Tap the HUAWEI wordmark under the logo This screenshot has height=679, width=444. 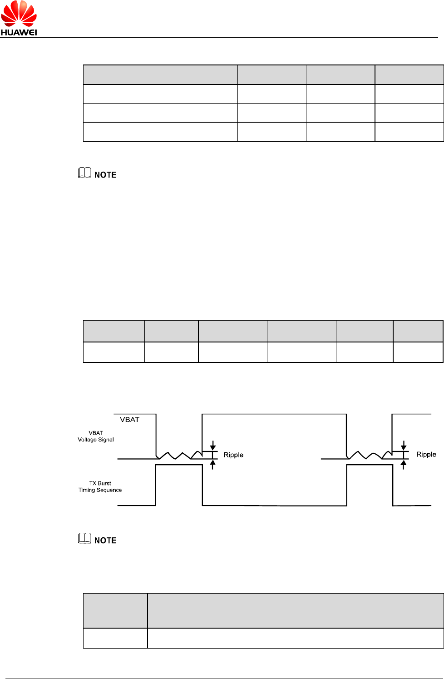[19, 32]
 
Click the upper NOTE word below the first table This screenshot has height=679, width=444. [105, 175]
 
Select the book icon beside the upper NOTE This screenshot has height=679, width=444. [84, 173]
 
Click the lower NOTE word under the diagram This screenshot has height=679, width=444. [105, 540]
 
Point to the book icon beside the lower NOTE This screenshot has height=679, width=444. [84, 538]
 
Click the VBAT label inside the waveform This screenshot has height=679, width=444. [129, 420]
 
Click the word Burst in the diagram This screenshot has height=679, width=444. [104, 483]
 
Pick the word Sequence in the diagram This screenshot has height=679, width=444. [109, 490]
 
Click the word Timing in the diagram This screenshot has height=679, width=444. [87, 490]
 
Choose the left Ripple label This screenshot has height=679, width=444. [233, 455]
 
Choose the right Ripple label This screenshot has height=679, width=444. [426, 455]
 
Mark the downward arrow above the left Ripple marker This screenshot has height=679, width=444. [212, 446]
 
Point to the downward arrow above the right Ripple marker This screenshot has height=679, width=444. [403, 446]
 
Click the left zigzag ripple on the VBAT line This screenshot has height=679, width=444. [179, 455]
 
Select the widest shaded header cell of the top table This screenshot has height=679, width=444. [160, 75]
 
